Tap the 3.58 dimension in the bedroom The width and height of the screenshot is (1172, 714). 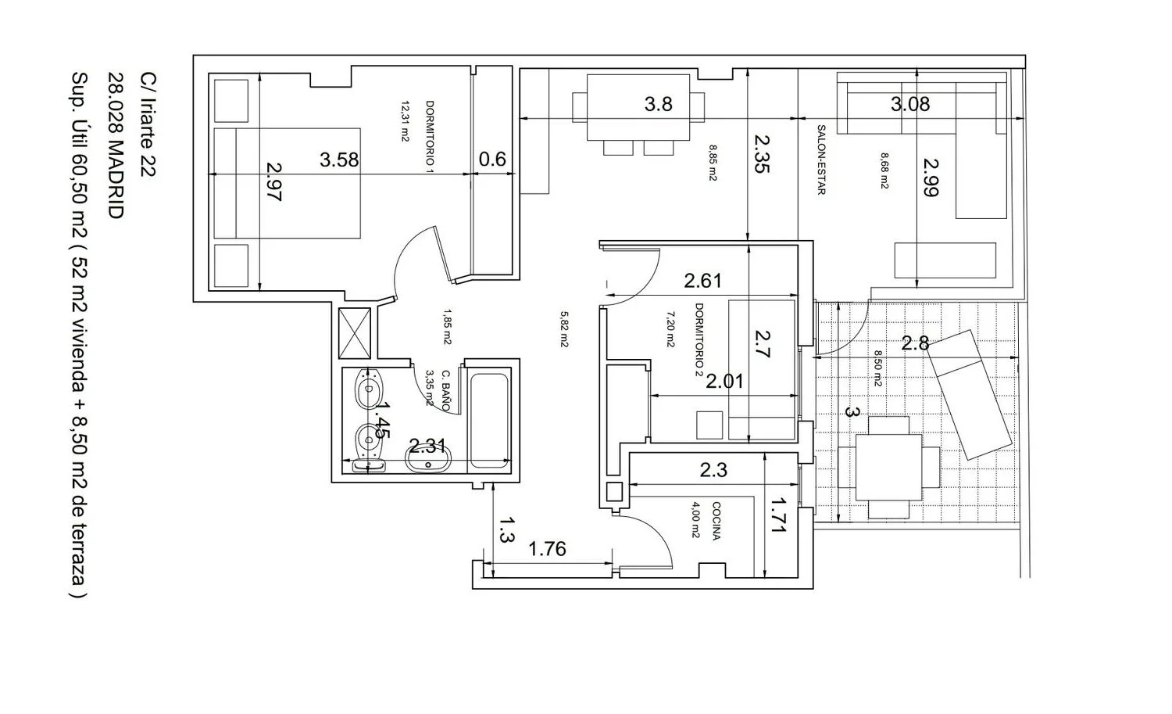pos(339,160)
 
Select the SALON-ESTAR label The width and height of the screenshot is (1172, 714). pos(821,160)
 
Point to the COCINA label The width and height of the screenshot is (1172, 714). pos(716,521)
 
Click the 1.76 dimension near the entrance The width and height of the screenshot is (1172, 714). pos(547,549)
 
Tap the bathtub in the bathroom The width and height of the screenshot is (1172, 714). pos(488,420)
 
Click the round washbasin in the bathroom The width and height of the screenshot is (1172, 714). pos(427,461)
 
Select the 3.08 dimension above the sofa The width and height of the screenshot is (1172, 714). pos(910,104)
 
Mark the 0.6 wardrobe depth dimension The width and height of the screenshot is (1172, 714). pos(492,160)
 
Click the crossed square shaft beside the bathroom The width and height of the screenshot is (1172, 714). pos(355,333)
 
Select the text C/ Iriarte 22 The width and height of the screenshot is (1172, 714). pos(148,124)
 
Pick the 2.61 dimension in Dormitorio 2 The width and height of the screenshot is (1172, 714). pos(702,282)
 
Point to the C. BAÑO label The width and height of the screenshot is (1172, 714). pos(445,390)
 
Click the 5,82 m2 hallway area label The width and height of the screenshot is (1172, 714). pos(564,329)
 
